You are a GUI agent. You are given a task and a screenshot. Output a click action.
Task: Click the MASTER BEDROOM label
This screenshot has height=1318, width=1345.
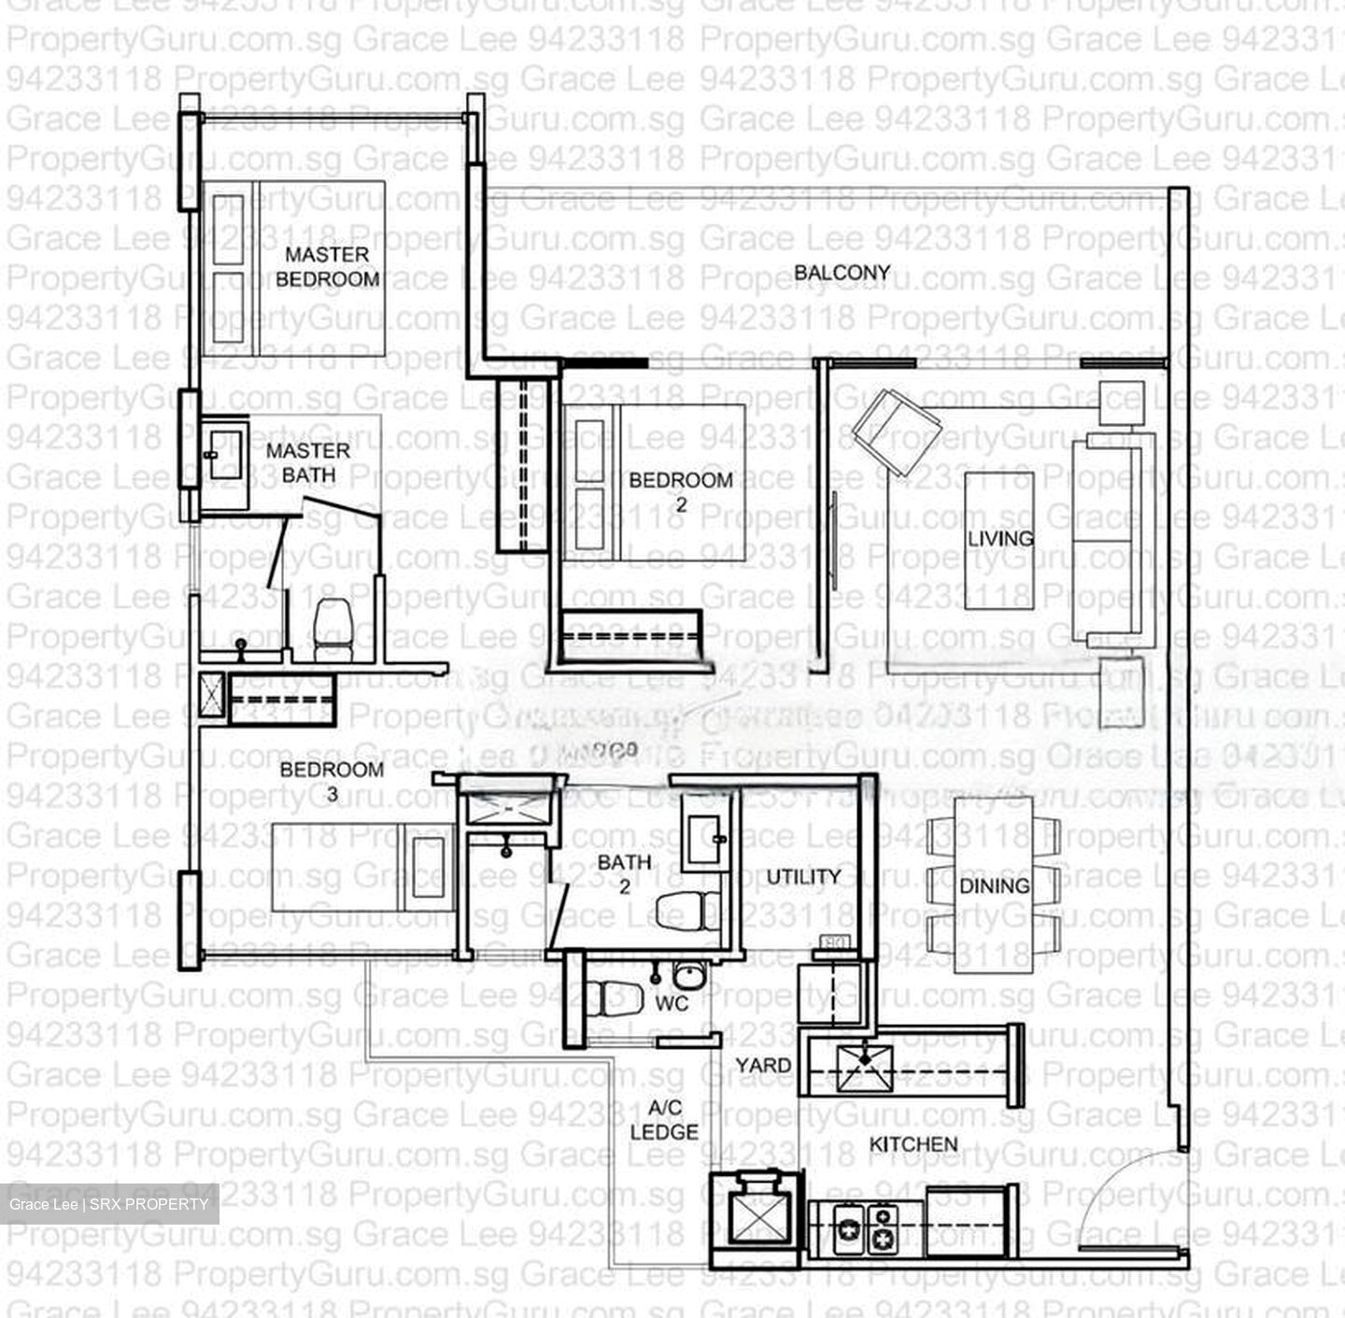click(327, 266)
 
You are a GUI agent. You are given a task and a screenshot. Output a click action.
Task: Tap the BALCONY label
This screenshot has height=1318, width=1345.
click(842, 273)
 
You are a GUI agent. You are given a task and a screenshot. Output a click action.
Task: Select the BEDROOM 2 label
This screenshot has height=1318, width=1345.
click(680, 491)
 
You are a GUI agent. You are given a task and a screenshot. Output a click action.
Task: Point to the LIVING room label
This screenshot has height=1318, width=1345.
click(999, 538)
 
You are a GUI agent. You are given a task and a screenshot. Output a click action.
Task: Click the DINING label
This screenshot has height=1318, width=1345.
click(994, 885)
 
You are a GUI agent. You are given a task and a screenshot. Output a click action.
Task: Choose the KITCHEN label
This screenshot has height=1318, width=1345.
click(913, 1144)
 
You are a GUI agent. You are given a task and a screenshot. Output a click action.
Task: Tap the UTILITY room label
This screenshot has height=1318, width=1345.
click(803, 876)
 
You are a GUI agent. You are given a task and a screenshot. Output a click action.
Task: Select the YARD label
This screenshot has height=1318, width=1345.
click(762, 1065)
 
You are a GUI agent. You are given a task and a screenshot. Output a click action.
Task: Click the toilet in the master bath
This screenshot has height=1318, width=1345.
click(332, 625)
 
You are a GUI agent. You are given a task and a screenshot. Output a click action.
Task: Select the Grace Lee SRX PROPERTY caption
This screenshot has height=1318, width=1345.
click(108, 1204)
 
